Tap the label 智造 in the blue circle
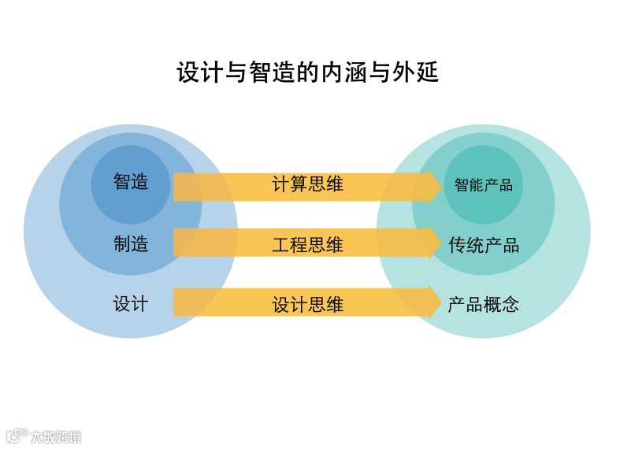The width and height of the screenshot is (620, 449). [131, 182]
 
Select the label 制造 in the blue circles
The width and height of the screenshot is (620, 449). [131, 243]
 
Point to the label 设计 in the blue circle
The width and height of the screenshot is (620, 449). [131, 303]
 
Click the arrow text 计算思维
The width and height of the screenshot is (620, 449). [307, 185]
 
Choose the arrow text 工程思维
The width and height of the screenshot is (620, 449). [307, 244]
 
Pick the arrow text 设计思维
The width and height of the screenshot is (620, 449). [307, 304]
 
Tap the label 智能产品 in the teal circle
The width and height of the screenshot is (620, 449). [484, 185]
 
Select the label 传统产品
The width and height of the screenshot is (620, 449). [484, 245]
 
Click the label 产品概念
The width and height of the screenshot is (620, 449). [484, 305]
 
